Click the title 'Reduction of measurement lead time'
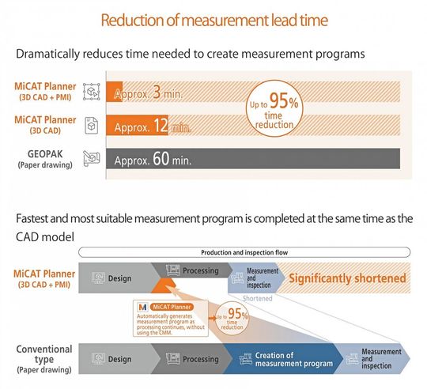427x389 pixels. pos(214,20)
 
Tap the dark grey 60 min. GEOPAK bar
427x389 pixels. pos(253,158)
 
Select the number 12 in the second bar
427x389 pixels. pos(161,126)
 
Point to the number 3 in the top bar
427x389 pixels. pos(157,92)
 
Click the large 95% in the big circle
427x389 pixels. pos(284,100)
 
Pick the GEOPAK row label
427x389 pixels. pos(45,159)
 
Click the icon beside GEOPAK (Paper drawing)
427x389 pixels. pos(92,158)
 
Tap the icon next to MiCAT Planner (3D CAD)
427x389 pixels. pos(91,126)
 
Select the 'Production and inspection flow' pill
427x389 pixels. pos(244,252)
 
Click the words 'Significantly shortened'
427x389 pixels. pos(347,278)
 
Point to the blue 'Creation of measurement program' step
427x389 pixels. pos(283,358)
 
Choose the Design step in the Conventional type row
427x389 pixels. pos(115,358)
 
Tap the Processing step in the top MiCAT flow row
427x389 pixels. pos(192,270)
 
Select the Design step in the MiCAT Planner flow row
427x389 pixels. pos(115,278)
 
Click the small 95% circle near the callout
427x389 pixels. pos(232,318)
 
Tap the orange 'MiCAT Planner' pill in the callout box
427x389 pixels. pos(172,307)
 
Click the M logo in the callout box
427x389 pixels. pos(142,308)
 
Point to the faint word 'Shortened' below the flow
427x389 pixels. pos(257,299)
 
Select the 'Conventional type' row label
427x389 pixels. pos(44,358)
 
